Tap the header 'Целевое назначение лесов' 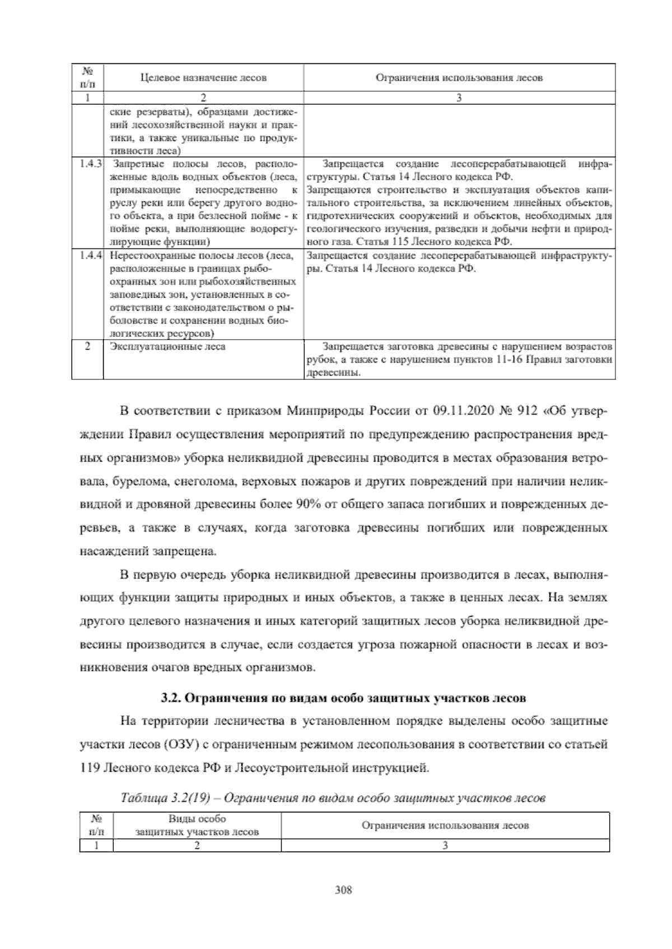203,78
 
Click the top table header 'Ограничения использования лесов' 459,78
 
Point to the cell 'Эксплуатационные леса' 168,346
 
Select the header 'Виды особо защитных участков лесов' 197,825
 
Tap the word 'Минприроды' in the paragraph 325,412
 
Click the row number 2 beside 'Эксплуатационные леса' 87,346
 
